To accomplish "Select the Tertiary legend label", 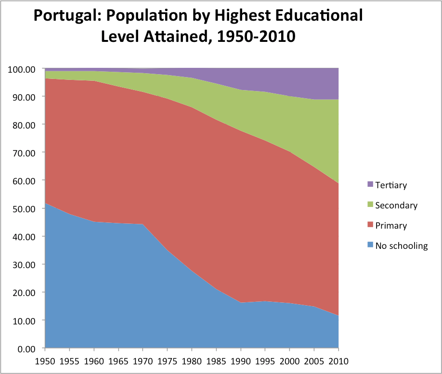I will pos(391,185).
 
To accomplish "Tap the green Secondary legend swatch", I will pos(370,205).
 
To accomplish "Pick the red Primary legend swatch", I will pos(370,225).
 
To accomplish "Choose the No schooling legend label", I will pos(401,246).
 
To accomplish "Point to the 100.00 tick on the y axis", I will pos(22,69).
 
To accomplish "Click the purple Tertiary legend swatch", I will pos(370,184).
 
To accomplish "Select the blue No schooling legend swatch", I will pos(370,245).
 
